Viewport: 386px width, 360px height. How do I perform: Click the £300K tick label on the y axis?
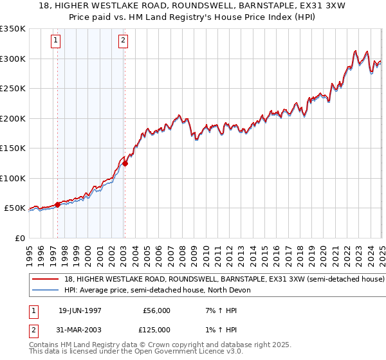click(x=13, y=59)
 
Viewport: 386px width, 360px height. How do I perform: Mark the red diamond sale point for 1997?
click(x=58, y=204)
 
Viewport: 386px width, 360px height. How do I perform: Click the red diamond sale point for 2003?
click(x=125, y=163)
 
